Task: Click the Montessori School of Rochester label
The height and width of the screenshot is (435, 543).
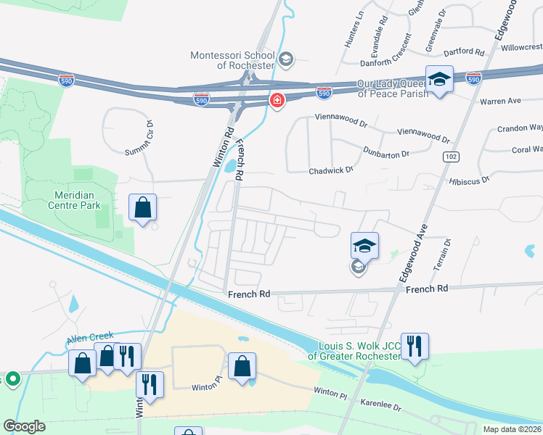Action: click(x=232, y=60)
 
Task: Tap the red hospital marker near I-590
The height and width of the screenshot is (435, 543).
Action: click(x=277, y=100)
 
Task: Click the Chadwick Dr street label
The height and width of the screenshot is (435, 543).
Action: click(x=330, y=170)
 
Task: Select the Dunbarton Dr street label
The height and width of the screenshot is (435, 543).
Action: click(x=386, y=152)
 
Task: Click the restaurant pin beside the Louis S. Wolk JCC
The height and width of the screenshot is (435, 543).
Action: click(x=414, y=346)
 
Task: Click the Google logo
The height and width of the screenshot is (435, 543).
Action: click(x=24, y=426)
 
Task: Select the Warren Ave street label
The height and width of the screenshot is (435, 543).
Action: click(x=501, y=101)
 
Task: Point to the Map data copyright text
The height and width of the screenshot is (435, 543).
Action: click(x=512, y=429)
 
